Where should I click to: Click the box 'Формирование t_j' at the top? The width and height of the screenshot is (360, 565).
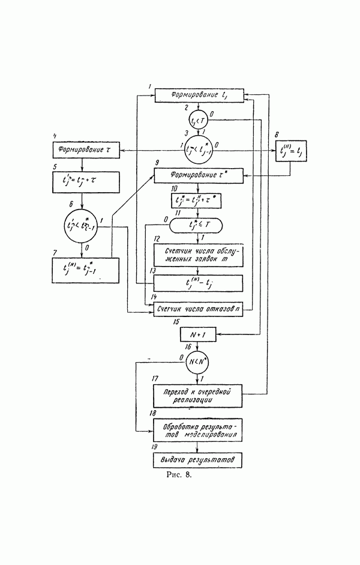point(198,95)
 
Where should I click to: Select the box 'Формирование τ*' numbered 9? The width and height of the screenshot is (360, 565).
point(198,176)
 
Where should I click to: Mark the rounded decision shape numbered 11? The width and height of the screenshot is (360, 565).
point(196,225)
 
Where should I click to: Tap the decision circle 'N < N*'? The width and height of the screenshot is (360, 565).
point(198,362)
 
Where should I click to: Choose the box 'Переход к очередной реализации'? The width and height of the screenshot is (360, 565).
point(198,394)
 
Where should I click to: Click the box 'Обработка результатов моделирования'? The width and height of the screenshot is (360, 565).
point(198,431)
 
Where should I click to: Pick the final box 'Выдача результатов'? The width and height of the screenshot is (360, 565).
point(198,461)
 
